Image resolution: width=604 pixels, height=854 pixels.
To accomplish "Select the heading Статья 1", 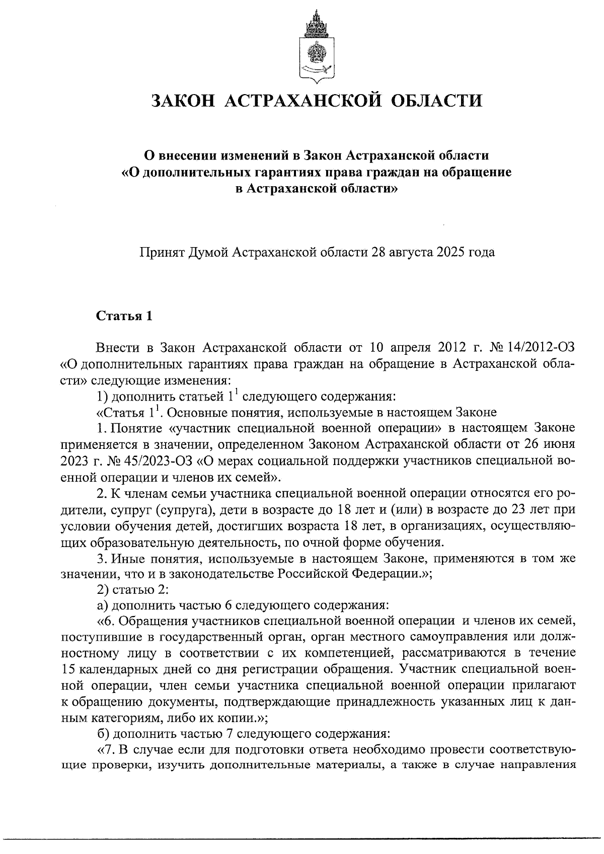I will coord(123,316).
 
